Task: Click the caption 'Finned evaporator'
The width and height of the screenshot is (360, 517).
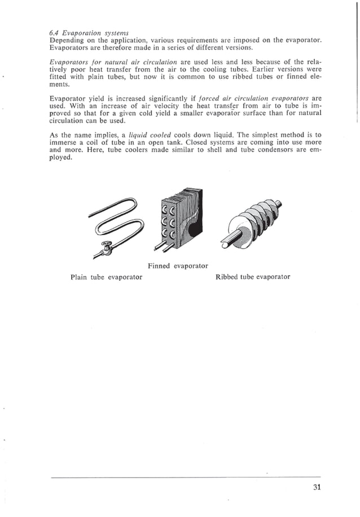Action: [x=178, y=266]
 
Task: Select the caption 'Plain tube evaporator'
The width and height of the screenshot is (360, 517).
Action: [x=106, y=277]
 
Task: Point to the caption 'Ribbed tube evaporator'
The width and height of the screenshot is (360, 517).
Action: [x=253, y=277]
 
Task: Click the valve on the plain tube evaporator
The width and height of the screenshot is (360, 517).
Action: [x=105, y=246]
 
